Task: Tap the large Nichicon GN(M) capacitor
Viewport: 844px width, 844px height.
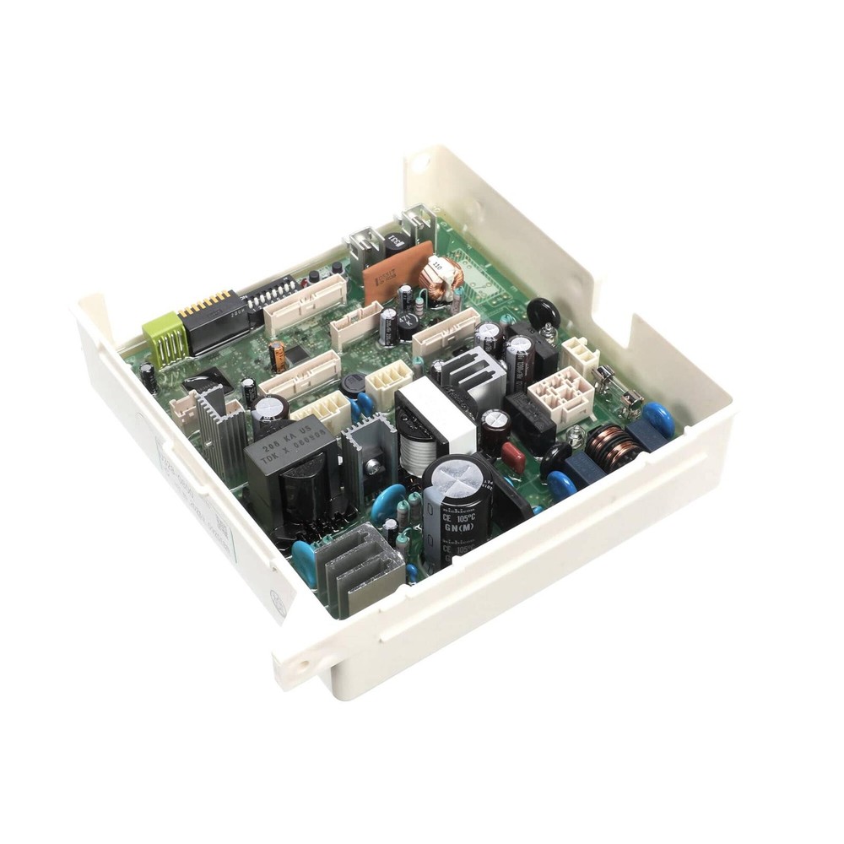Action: click(x=457, y=506)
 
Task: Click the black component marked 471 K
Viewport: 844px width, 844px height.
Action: click(x=544, y=311)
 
